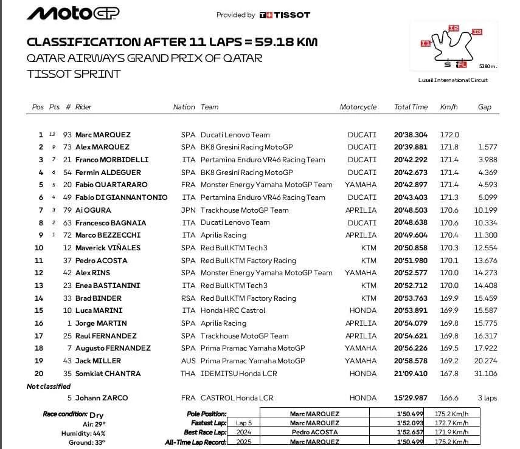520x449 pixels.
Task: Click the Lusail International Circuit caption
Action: click(453, 80)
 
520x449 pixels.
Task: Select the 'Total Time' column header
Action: click(411, 107)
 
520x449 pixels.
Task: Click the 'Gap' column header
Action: click(484, 107)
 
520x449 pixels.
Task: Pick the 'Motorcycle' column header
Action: click(358, 107)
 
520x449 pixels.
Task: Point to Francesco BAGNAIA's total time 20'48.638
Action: click(411, 222)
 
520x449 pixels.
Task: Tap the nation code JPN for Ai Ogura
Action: click(188, 210)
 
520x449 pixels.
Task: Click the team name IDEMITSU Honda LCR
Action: click(238, 374)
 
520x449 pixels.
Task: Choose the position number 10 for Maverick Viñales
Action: click(39, 248)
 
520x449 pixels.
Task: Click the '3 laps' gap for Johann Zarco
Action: click(487, 398)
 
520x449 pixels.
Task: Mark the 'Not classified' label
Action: click(49, 386)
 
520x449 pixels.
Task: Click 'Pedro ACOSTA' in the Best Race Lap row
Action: click(314, 433)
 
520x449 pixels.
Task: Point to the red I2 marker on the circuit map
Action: click(453, 28)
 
